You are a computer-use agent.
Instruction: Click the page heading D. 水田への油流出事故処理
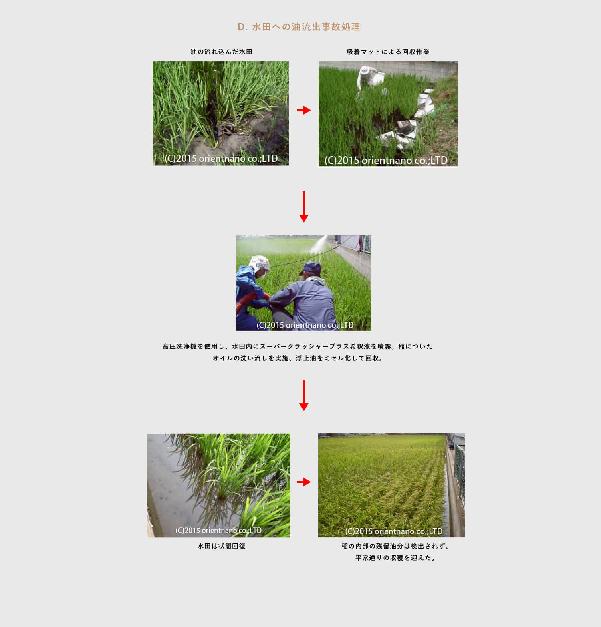299,27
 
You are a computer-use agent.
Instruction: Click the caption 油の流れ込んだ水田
221,52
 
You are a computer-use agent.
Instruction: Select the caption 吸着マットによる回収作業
388,52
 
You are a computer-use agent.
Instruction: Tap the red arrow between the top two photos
304,110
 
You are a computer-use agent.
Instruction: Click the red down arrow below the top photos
304,207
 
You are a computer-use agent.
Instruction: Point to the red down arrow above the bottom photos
304,395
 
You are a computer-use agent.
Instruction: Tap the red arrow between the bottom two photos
304,482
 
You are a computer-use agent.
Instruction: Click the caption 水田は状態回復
221,546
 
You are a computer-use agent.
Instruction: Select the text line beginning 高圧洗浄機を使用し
297,346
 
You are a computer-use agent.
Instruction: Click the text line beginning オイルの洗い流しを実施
297,358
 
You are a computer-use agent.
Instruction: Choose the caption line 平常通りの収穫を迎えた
395,557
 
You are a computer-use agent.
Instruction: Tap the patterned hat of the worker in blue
259,263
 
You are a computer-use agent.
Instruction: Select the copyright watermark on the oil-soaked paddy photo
221,159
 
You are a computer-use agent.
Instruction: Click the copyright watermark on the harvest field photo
393,531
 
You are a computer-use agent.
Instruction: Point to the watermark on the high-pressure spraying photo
305,325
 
